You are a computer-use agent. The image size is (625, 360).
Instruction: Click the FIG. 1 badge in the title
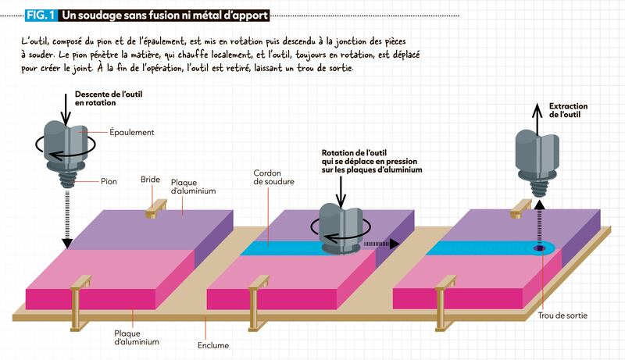point(41,16)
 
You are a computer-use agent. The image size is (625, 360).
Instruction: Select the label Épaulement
point(131,132)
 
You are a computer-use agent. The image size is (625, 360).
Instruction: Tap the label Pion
point(109,182)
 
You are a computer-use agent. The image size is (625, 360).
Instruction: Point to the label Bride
point(150,180)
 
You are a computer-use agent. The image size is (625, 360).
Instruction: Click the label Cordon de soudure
point(274,177)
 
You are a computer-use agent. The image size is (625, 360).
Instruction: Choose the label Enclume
point(213,345)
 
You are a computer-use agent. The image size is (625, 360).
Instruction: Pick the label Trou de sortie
point(562,315)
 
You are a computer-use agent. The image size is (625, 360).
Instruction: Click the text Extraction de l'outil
point(568,110)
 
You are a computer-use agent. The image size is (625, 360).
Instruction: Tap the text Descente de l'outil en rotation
point(109,98)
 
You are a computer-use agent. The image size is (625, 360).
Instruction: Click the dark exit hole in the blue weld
point(539,248)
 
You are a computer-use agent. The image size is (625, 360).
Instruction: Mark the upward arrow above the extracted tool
point(537,119)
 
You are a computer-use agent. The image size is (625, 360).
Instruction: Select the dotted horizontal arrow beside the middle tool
point(381,244)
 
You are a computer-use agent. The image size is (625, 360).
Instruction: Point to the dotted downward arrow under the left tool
point(67,219)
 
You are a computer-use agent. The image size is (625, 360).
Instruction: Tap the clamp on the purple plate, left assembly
point(155,209)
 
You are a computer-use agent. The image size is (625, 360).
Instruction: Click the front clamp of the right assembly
point(445,303)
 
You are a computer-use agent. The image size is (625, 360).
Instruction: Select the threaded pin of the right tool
point(537,187)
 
